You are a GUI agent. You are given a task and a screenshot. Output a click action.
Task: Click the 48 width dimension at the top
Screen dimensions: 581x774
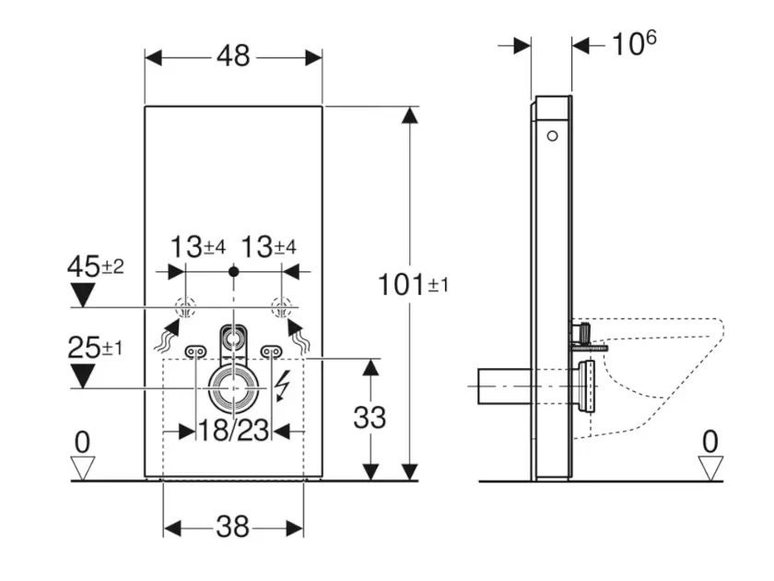tap(233, 56)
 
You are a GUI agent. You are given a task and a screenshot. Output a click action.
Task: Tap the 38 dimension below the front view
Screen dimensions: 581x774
tap(233, 527)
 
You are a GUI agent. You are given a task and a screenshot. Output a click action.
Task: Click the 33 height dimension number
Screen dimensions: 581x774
tap(369, 417)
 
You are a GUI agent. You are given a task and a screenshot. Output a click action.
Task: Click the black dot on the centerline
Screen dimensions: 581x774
tap(234, 272)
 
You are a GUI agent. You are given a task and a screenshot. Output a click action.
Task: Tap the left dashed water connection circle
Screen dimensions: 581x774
tap(186, 307)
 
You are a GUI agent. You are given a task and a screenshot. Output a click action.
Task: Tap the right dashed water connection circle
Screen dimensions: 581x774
tap(282, 307)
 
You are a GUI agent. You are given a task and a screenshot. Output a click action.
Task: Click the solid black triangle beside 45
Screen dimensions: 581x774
tap(84, 295)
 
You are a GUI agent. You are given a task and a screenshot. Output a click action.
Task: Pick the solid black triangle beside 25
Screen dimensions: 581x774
tap(84, 375)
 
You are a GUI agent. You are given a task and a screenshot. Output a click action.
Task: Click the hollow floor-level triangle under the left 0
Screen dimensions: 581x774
tap(83, 468)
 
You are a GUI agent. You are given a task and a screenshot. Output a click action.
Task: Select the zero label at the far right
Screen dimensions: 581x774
tap(709, 442)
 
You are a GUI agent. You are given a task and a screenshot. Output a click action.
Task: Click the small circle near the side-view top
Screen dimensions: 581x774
tap(552, 137)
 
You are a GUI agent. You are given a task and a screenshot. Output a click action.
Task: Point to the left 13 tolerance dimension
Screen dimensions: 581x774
tap(198, 246)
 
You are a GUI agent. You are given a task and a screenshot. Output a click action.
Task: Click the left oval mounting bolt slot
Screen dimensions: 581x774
tap(195, 350)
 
